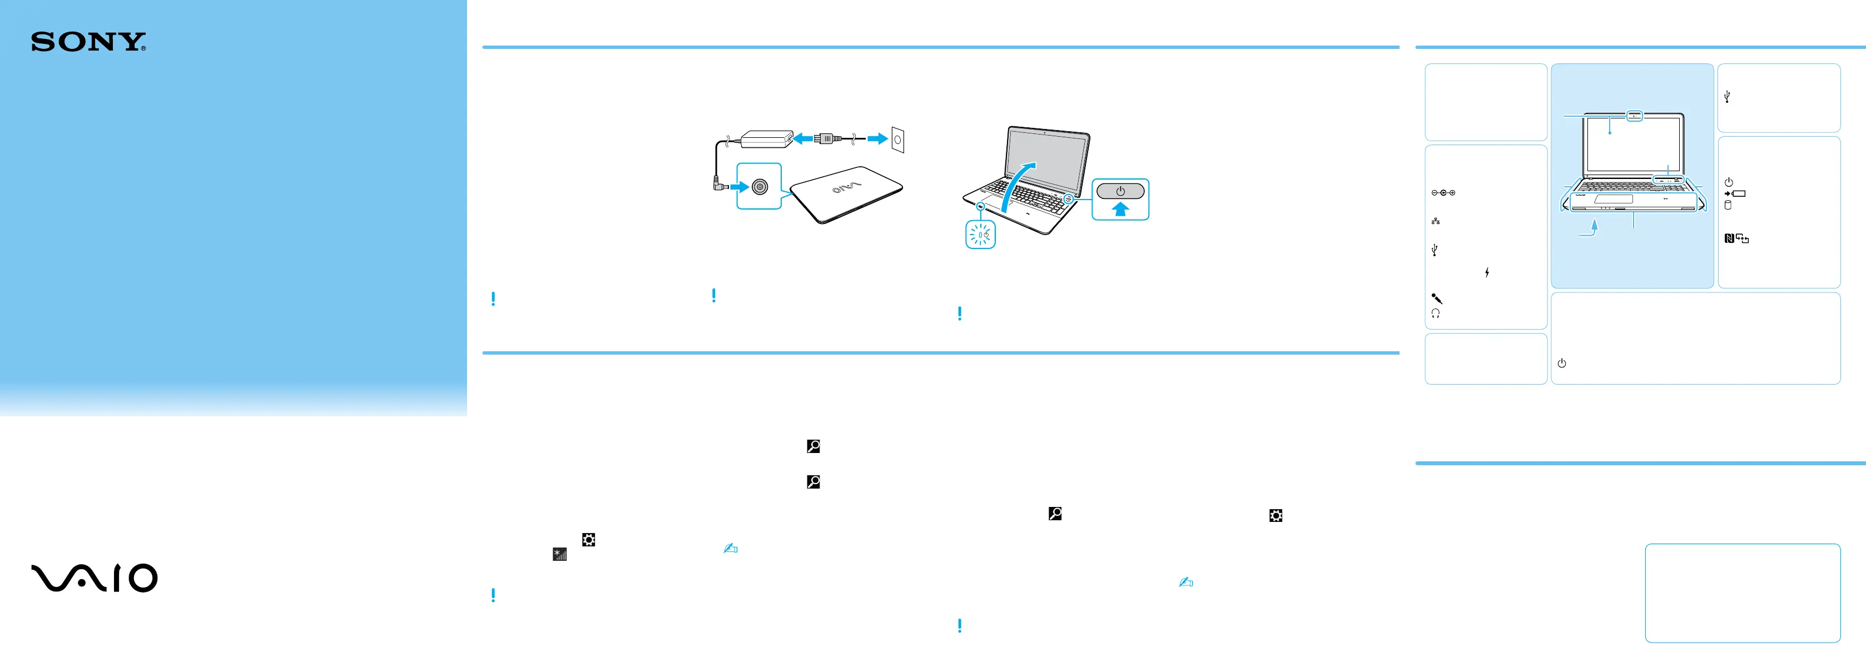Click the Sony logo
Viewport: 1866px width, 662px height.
point(88,42)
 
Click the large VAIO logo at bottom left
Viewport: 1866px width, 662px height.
point(94,578)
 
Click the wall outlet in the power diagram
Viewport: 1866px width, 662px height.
point(897,139)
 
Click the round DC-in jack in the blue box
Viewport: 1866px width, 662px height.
point(759,187)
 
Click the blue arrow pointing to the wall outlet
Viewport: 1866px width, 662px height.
point(877,138)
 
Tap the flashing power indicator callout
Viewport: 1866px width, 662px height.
point(980,235)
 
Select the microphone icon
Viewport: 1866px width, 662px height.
point(1436,298)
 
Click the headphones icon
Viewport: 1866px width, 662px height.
point(1436,313)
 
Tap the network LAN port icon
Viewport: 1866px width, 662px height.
point(1435,221)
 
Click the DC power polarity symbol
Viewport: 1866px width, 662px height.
point(1443,193)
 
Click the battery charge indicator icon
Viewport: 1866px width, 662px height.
point(1734,193)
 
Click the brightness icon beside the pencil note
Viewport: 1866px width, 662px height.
point(559,555)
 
